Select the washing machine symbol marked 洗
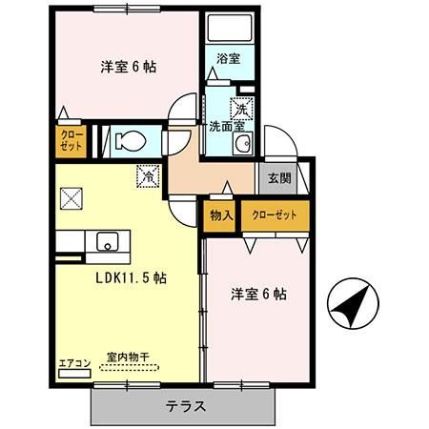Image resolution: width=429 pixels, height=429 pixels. tap(243, 107)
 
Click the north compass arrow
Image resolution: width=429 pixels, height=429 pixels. tap(348, 305)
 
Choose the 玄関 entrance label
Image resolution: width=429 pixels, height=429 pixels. tap(279, 178)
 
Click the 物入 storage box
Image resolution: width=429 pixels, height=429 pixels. tap(220, 214)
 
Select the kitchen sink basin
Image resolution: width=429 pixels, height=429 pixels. tap(107, 240)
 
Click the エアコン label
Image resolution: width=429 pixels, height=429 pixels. tap(74, 362)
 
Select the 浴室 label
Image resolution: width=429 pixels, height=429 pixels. tap(228, 59)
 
